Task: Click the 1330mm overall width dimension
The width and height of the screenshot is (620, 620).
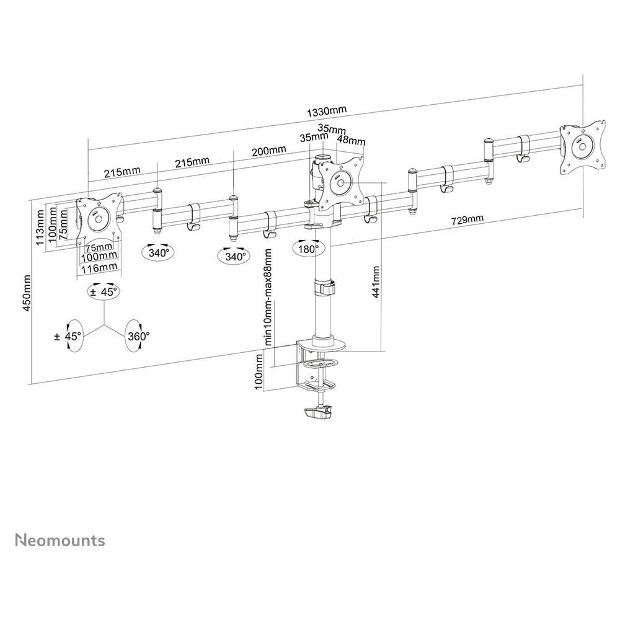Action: click(327, 111)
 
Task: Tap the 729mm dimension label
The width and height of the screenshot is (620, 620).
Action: click(467, 220)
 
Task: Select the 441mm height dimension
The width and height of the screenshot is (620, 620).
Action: click(376, 281)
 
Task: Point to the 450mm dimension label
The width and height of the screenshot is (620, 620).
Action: click(27, 293)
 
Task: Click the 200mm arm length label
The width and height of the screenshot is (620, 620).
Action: click(269, 151)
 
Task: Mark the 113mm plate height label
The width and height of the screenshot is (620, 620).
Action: click(40, 228)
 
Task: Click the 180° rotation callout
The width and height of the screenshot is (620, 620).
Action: click(309, 249)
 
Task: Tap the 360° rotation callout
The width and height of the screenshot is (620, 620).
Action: click(138, 336)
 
